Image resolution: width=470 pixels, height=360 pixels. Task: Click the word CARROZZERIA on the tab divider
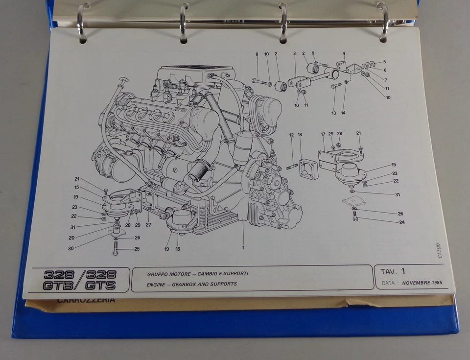(86, 300)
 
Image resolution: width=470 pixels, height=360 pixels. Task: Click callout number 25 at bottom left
(137, 249)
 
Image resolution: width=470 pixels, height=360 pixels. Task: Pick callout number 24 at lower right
(401, 222)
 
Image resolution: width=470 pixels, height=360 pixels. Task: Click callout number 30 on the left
(70, 248)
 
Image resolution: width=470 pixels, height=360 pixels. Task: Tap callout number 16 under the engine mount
(178, 249)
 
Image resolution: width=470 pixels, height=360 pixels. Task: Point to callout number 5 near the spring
(385, 62)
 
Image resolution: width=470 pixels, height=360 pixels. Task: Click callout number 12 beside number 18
(291, 135)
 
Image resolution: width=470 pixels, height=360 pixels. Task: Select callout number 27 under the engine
(148, 225)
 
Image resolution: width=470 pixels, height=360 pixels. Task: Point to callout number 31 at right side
(398, 194)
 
